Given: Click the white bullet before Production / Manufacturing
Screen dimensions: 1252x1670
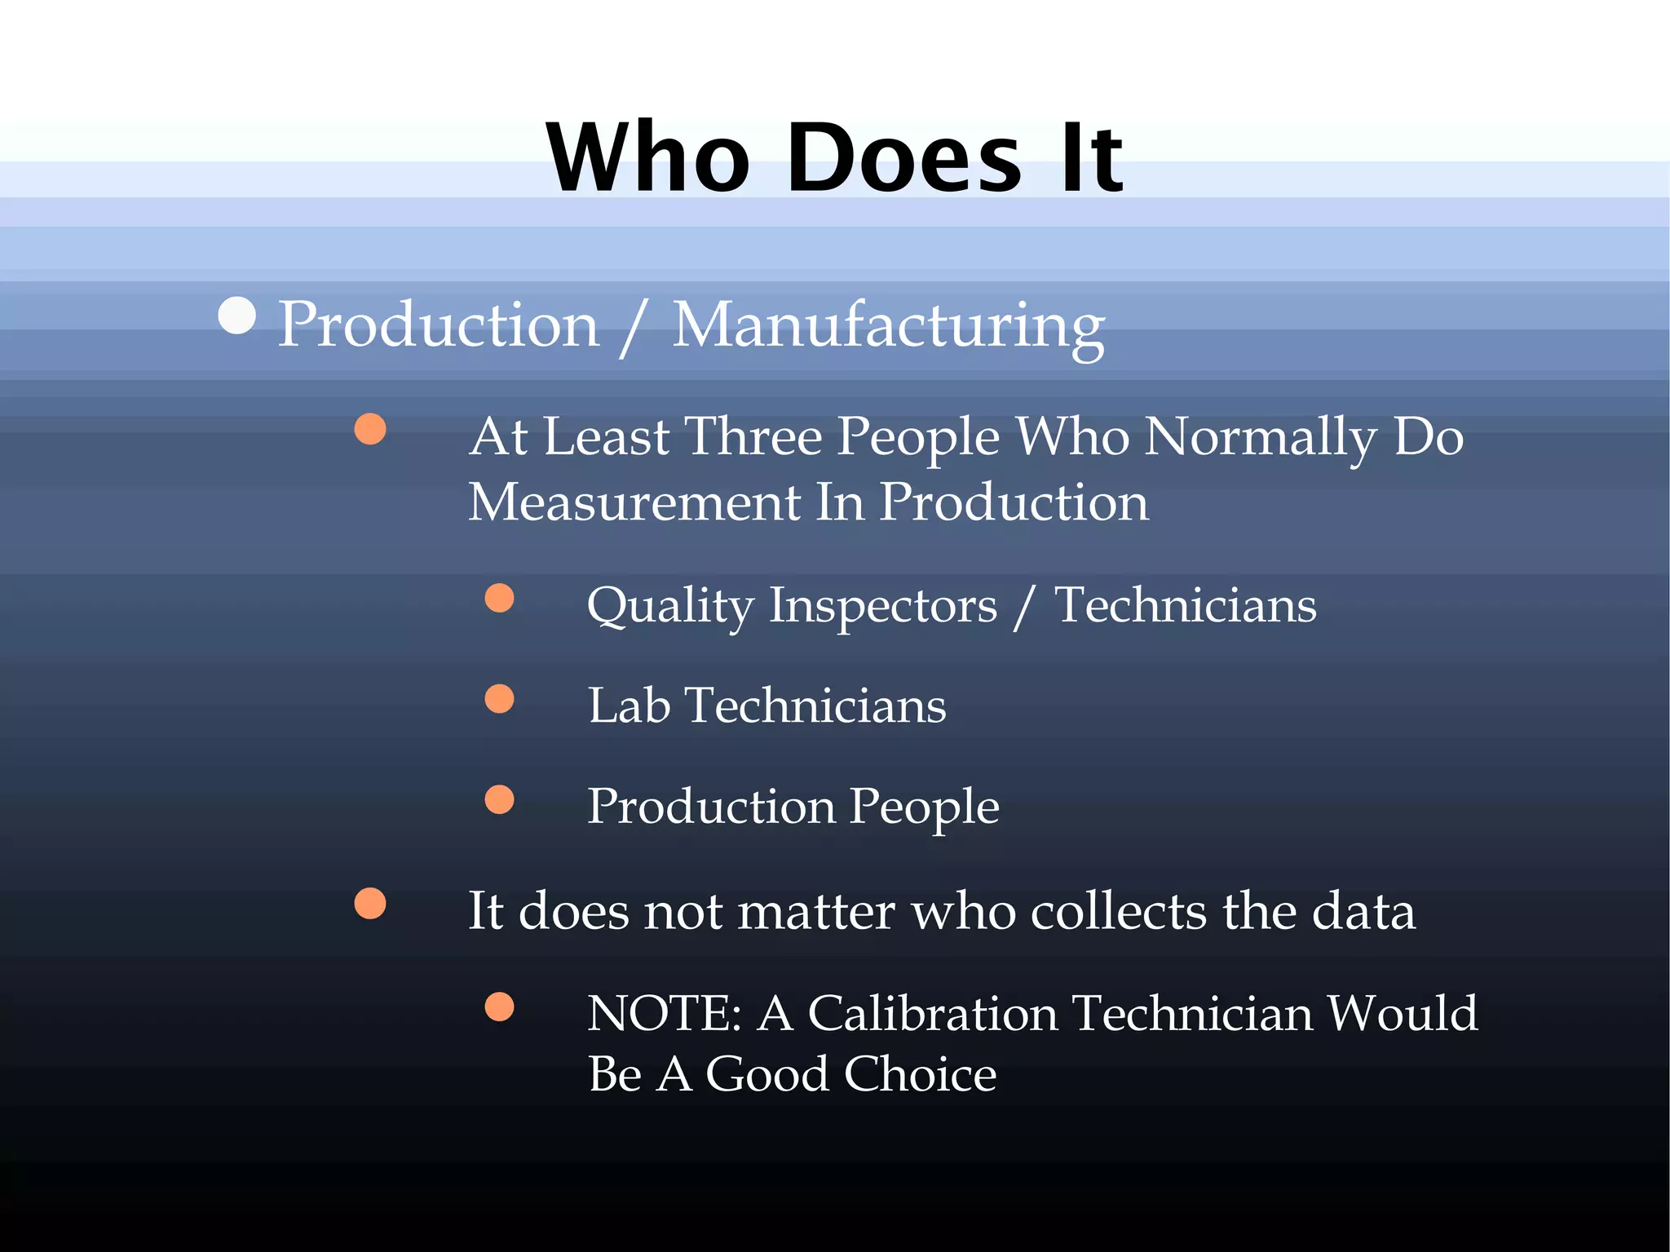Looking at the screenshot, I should click(237, 316).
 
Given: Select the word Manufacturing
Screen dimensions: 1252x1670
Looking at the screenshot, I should click(888, 325).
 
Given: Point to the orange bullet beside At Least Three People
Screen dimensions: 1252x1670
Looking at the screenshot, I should click(370, 429).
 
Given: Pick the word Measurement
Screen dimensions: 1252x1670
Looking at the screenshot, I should click(634, 502).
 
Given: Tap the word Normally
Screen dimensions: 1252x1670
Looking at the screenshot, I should click(1261, 438).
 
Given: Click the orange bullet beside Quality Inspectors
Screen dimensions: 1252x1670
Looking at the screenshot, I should click(499, 598).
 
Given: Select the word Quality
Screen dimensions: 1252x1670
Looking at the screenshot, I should click(670, 606).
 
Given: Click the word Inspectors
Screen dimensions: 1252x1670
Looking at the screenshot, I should click(883, 606).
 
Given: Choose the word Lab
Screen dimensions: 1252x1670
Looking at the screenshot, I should click(629, 706).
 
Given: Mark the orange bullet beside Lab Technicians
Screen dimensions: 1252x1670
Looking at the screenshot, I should click(499, 699).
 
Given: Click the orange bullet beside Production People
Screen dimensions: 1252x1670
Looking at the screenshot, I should click(499, 799).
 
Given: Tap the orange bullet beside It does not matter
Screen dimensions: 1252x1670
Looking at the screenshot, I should click(370, 903).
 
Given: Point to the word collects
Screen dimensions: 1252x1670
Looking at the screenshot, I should click(1118, 911).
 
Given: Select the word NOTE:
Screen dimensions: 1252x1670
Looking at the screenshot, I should click(665, 1014).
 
